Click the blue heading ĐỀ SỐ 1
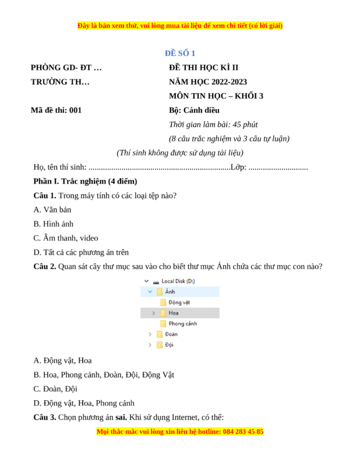click(x=179, y=53)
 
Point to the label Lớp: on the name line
click(x=238, y=167)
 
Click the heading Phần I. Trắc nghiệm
click(x=85, y=181)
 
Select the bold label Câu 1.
click(x=45, y=195)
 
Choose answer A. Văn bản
click(x=52, y=210)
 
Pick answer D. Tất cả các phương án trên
click(x=81, y=252)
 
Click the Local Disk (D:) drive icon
click(x=156, y=281)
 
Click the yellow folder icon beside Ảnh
click(x=159, y=292)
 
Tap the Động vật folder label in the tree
click(x=179, y=302)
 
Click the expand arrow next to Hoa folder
click(x=153, y=313)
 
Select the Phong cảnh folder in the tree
click(x=182, y=323)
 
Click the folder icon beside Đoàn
click(x=159, y=334)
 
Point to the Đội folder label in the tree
click(x=170, y=345)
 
